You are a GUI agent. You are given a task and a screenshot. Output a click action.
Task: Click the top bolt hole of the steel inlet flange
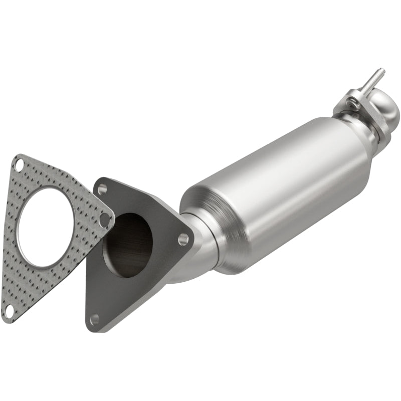click(102, 189)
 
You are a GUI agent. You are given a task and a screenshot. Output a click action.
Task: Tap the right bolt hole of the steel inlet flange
click(183, 239)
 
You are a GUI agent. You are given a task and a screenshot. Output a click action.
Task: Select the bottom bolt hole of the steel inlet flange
click(94, 319)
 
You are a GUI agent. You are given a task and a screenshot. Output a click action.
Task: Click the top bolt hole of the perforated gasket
click(19, 164)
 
